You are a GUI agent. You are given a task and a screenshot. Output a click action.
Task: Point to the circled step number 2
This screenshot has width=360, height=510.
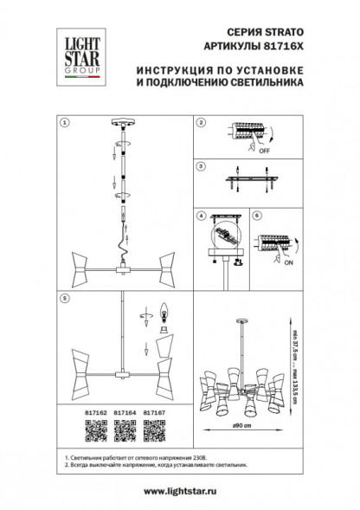point(200,124)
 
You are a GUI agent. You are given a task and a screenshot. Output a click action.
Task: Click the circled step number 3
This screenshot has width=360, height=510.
point(200,165)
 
